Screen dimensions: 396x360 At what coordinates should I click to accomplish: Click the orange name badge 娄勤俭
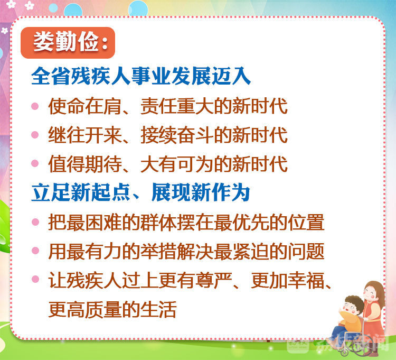click(x=68, y=42)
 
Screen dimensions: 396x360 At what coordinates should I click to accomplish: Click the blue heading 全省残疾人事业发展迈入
click(x=141, y=76)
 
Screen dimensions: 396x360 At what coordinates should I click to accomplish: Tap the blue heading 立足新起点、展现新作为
click(x=140, y=192)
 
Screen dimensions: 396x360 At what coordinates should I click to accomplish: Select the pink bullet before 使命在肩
click(x=35, y=106)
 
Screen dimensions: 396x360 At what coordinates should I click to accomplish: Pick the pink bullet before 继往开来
click(x=35, y=134)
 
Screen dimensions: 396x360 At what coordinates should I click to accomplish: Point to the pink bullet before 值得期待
click(x=35, y=163)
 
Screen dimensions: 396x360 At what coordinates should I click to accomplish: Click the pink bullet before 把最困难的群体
click(x=35, y=221)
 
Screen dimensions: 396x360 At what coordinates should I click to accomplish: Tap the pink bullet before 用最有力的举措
click(x=35, y=251)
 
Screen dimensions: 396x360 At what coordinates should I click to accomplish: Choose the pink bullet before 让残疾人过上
click(x=35, y=279)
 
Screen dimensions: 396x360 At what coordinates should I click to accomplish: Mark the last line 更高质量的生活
click(x=112, y=309)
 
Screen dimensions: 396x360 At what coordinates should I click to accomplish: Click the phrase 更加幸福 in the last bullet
click(x=287, y=280)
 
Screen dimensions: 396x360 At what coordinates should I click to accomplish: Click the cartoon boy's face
click(x=352, y=308)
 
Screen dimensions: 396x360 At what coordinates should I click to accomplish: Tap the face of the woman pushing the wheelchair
click(x=371, y=294)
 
